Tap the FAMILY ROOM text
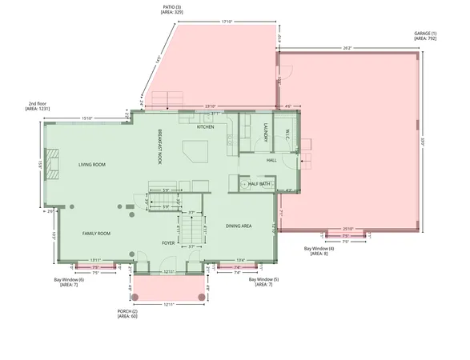96,234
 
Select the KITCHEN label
206,127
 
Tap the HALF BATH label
259,183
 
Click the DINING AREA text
239,226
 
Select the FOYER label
168,242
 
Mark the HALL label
271,160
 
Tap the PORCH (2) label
129,311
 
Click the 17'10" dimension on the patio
227,22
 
